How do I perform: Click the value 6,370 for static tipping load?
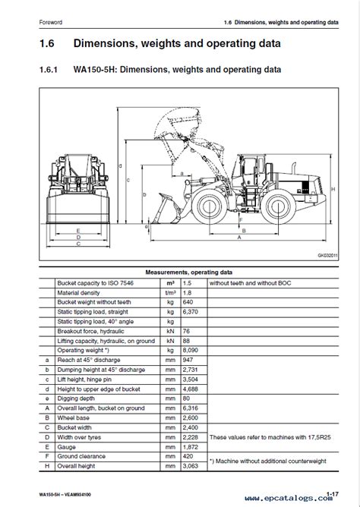pyautogui.click(x=190, y=312)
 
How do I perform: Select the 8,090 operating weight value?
pyautogui.click(x=190, y=351)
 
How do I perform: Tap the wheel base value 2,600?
pyautogui.click(x=190, y=418)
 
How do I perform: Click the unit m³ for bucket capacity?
pyautogui.click(x=170, y=283)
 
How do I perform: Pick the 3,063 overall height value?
pyautogui.click(x=190, y=466)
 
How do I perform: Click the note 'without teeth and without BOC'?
pyautogui.click(x=251, y=283)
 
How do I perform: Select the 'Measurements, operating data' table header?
pyautogui.click(x=189, y=272)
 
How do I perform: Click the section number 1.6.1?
pyautogui.click(x=49, y=70)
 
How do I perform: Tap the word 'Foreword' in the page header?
pyautogui.click(x=50, y=22)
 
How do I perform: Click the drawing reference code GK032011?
pyautogui.click(x=327, y=256)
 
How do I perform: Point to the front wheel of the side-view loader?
pyautogui.click(x=209, y=207)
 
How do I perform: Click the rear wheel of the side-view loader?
pyautogui.click(x=278, y=207)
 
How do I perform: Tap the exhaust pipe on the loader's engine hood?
pyautogui.click(x=295, y=168)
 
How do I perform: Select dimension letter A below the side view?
pyautogui.click(x=239, y=238)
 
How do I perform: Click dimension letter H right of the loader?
pyautogui.click(x=333, y=189)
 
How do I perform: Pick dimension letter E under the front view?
pyautogui.click(x=78, y=231)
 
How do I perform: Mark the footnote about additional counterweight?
pyautogui.click(x=268, y=461)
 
